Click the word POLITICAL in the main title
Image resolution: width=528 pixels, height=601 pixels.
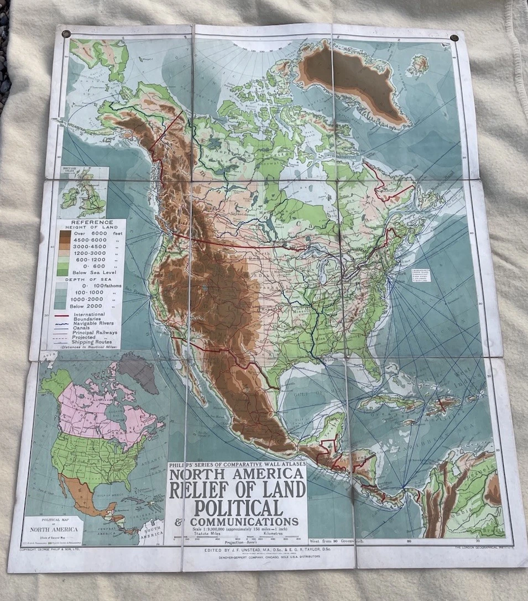[x=238, y=507]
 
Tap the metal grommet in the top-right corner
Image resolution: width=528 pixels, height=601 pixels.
[x=454, y=38]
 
